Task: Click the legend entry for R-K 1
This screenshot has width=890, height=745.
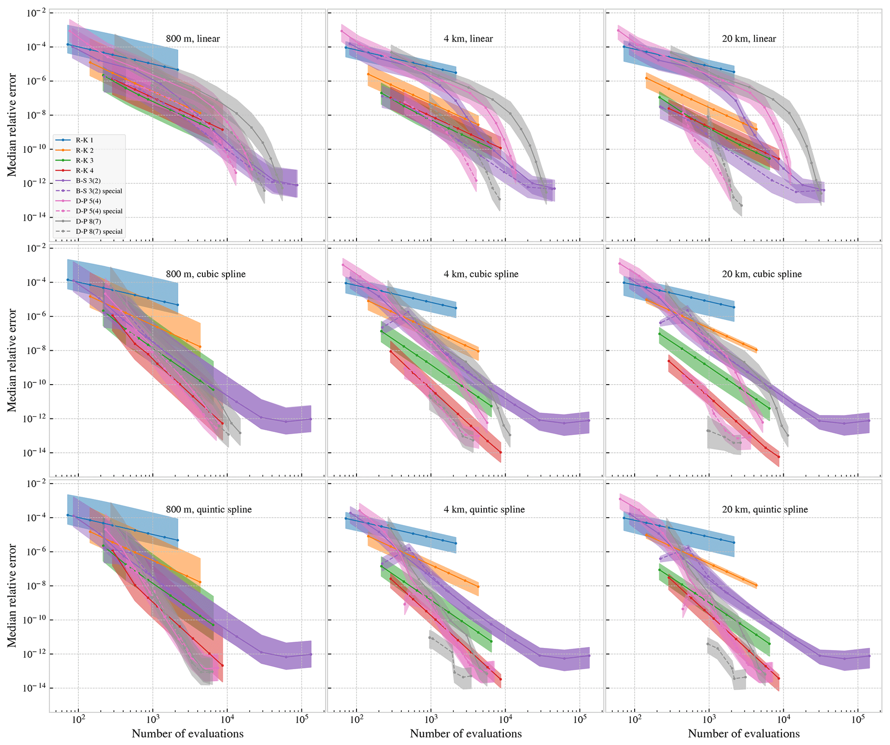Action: (x=84, y=140)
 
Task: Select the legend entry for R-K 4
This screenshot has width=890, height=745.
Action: (x=84, y=171)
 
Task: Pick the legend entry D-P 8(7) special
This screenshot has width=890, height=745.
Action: (x=99, y=231)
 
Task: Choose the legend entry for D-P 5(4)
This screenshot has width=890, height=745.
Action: (x=88, y=201)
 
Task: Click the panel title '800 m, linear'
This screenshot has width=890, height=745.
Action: (x=192, y=39)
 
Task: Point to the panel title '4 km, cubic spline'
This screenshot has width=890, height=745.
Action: (x=481, y=274)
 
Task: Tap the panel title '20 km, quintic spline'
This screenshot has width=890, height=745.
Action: (x=765, y=509)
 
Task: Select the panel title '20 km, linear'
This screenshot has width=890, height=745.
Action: (x=749, y=39)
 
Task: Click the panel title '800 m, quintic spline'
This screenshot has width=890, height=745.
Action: (x=209, y=509)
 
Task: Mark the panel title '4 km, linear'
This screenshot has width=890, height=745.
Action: (x=468, y=39)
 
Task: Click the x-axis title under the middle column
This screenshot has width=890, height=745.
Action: (x=465, y=733)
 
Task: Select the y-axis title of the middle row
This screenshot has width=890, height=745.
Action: (x=12, y=360)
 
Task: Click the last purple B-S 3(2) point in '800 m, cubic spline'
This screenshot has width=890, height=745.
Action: (x=311, y=419)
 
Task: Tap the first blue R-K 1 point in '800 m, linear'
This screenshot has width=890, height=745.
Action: (x=68, y=44)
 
